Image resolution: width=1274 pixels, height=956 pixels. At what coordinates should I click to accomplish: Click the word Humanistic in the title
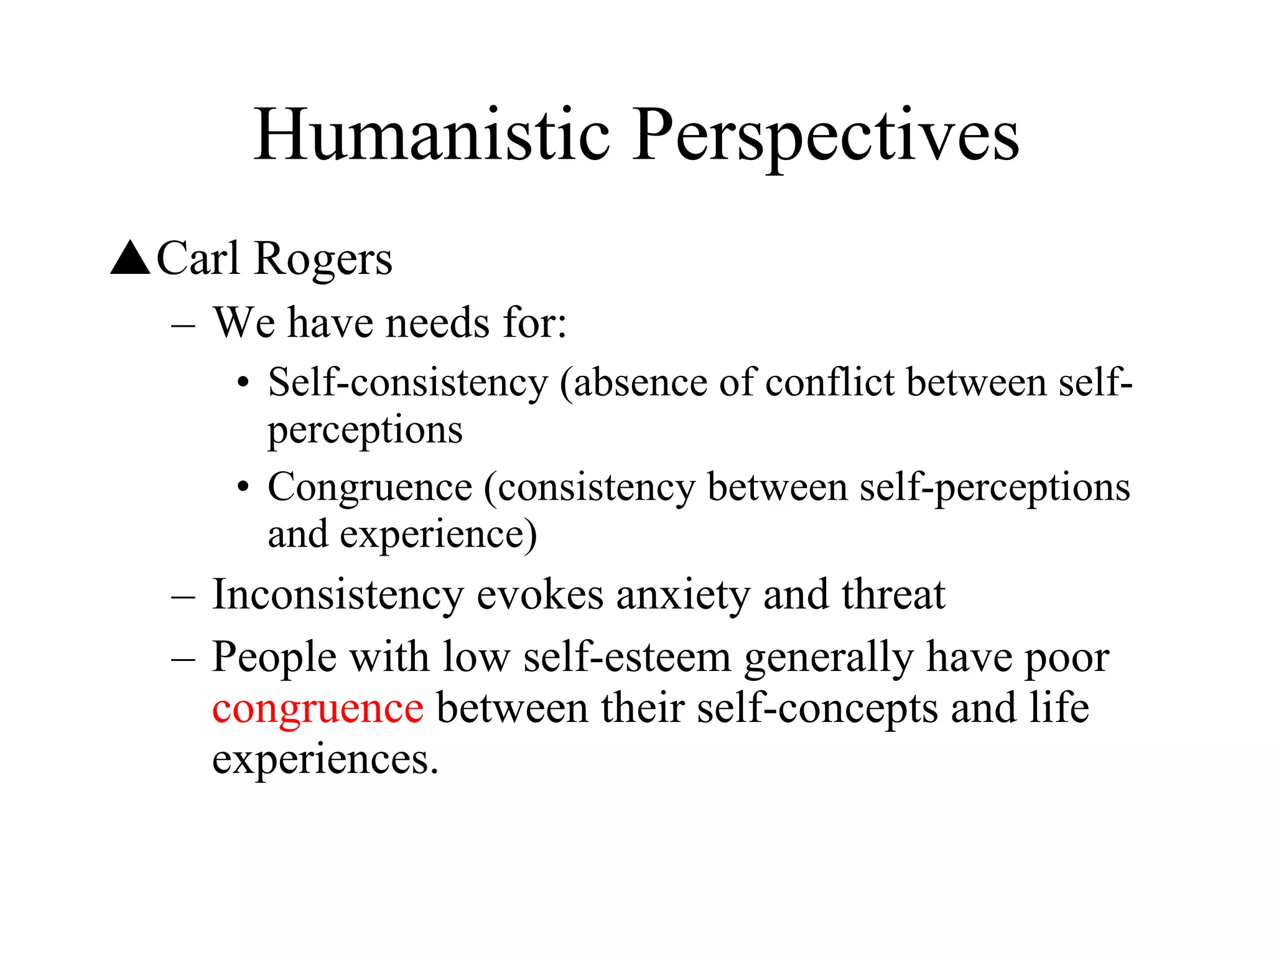[x=432, y=135]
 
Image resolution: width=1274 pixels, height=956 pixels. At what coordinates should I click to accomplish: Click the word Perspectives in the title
[x=825, y=135]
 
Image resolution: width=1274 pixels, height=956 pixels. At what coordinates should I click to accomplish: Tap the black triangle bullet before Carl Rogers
[x=130, y=258]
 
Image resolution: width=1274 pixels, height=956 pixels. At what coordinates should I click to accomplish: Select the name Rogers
[x=323, y=259]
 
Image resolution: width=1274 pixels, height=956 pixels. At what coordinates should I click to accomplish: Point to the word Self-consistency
[x=408, y=382]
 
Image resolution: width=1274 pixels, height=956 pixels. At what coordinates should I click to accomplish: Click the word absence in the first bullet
[x=640, y=382]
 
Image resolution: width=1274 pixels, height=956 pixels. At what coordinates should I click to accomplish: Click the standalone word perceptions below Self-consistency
[x=365, y=430]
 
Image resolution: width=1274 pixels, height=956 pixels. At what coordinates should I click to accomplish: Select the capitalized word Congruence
[x=370, y=487]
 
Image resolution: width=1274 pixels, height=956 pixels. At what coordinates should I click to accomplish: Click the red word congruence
[x=318, y=708]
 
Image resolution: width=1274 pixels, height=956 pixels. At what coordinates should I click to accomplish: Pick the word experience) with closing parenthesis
[x=438, y=535]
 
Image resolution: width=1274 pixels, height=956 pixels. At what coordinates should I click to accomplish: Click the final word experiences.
[x=325, y=759]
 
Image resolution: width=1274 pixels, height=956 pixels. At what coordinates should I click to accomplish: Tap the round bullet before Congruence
[x=243, y=487]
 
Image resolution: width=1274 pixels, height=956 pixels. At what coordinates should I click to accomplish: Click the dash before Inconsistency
[x=184, y=597]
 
